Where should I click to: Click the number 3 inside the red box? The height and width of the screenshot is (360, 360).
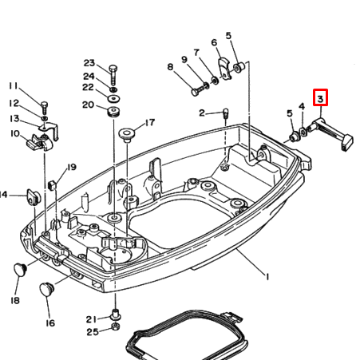319,99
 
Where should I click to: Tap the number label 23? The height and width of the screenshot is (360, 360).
89,63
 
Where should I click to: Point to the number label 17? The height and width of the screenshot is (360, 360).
148,123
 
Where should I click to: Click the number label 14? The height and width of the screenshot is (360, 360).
3,194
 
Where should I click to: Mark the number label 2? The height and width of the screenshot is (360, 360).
202,113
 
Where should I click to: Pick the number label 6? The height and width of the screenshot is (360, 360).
214,42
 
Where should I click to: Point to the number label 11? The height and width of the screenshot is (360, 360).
13,85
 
